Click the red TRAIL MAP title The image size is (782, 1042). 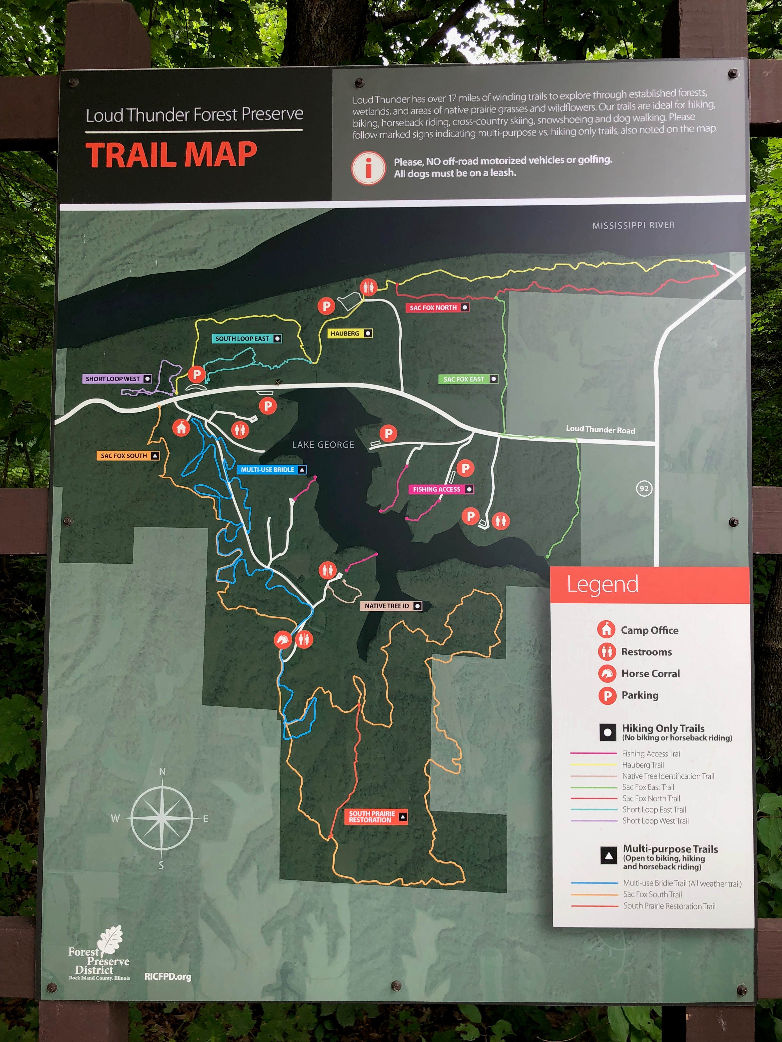coord(171,155)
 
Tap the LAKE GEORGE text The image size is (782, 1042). coord(323,445)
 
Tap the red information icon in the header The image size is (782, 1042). coord(368,168)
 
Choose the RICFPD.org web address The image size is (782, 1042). coord(168,977)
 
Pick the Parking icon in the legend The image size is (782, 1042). coord(607,695)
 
